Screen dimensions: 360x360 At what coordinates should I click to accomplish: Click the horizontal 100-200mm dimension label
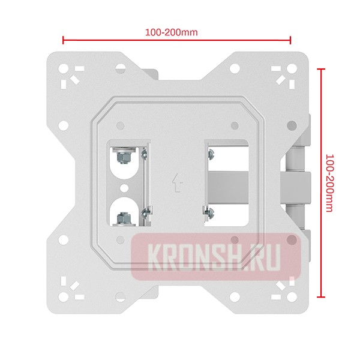(171, 32)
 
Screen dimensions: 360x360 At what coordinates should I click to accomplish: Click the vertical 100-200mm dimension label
(329, 183)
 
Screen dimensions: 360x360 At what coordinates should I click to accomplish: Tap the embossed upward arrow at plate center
(178, 182)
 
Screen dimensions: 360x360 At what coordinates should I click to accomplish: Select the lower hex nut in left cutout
(124, 218)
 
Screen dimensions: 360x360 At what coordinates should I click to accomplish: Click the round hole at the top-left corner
(64, 68)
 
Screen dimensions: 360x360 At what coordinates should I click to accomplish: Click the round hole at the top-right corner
(292, 68)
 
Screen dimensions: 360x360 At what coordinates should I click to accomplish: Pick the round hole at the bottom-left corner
(64, 297)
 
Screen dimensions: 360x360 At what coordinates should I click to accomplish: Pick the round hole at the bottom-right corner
(292, 297)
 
